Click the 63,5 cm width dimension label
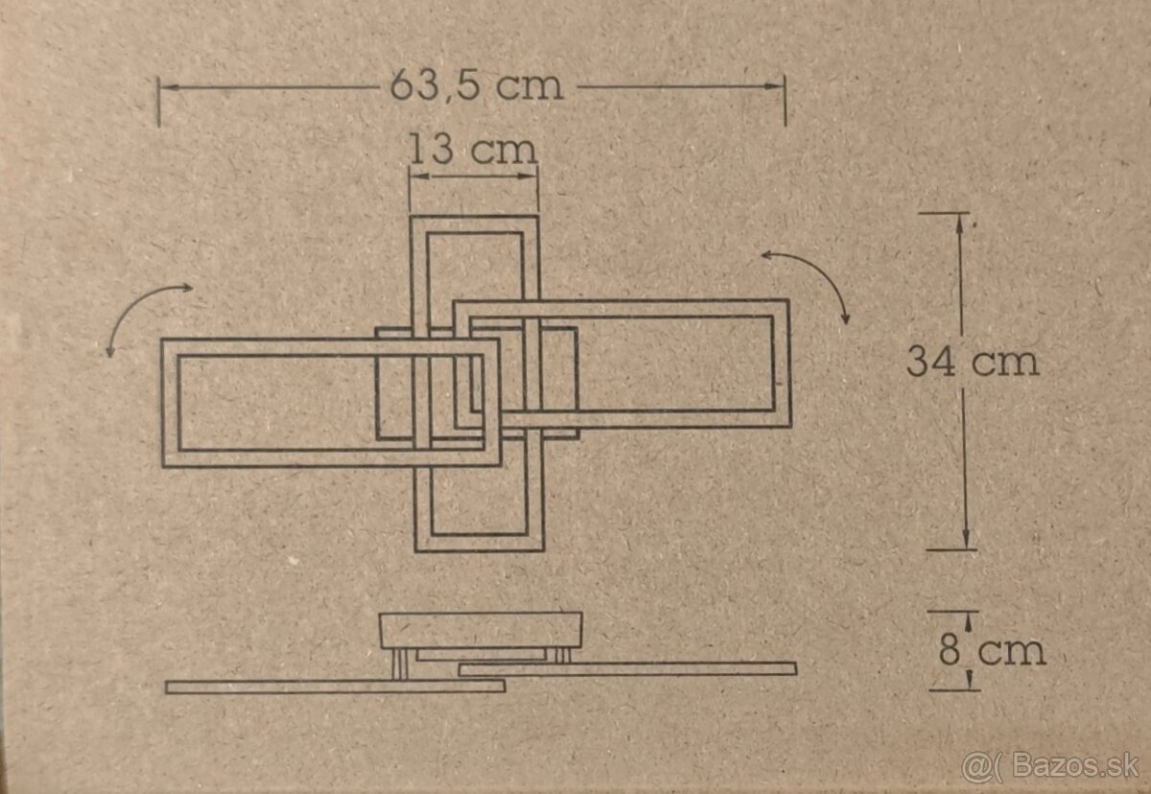click(x=476, y=86)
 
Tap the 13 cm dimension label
click(x=472, y=151)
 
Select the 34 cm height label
click(x=973, y=362)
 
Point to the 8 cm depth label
click(x=991, y=651)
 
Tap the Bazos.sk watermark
click(x=1050, y=766)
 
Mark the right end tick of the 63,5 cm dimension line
click(x=785, y=102)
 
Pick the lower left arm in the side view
click(x=335, y=686)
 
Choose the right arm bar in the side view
click(x=627, y=668)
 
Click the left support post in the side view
click(x=402, y=664)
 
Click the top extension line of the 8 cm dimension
click(x=952, y=611)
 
